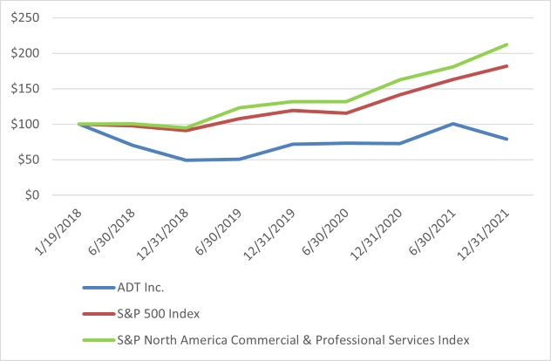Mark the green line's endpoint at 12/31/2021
pos(507,44)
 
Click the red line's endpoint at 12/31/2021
pos(507,66)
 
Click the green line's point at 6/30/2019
pos(241,108)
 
